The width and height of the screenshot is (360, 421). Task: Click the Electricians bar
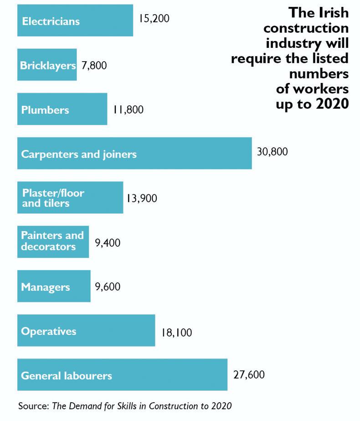(x=75, y=21)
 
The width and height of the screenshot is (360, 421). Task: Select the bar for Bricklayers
(x=47, y=65)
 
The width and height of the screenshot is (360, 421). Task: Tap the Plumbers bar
(x=62, y=109)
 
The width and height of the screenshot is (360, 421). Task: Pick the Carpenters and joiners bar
(x=134, y=153)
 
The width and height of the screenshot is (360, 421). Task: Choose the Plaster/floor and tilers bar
(x=70, y=198)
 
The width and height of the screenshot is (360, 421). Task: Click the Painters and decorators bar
(x=53, y=241)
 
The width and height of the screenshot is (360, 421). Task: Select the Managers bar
(x=54, y=286)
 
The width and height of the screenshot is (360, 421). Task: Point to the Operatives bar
(x=86, y=330)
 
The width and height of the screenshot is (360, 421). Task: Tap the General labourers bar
(x=122, y=374)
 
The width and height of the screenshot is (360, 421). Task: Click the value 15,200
(x=154, y=20)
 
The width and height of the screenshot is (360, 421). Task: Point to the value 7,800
(x=94, y=65)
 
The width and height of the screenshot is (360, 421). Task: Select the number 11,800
(x=128, y=109)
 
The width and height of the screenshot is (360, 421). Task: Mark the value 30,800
(x=272, y=152)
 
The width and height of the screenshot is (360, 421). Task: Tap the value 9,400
(x=108, y=243)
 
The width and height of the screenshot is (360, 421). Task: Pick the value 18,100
(x=176, y=333)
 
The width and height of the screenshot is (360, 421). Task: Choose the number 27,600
(x=249, y=375)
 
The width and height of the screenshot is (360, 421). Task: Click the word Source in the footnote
(x=32, y=405)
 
